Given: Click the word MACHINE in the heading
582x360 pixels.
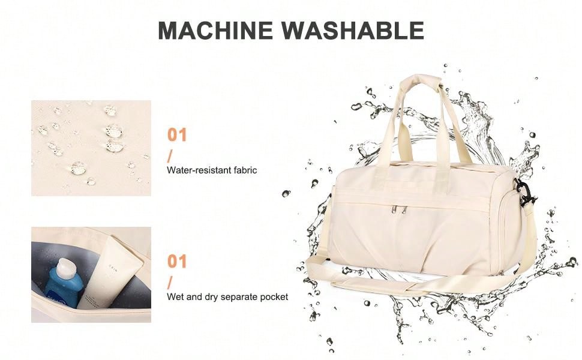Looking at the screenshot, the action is point(215,30).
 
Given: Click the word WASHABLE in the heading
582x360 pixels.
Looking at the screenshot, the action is point(352,30).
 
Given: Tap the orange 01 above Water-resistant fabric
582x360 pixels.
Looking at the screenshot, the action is point(176,135).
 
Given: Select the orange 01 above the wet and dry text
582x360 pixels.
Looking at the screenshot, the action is point(176,261).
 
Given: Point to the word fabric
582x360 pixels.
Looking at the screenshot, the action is point(245,170).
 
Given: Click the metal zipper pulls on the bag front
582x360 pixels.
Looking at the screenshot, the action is point(398,210).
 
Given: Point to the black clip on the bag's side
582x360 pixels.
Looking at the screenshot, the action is point(524,192).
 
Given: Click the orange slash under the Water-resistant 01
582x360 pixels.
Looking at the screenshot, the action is point(170,157).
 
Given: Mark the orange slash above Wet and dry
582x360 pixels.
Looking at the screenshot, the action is point(170,283).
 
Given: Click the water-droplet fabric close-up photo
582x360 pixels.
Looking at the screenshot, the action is point(91,148).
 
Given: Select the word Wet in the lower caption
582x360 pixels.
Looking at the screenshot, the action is point(174,297).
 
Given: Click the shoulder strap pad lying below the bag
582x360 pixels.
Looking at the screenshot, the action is point(375,287).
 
